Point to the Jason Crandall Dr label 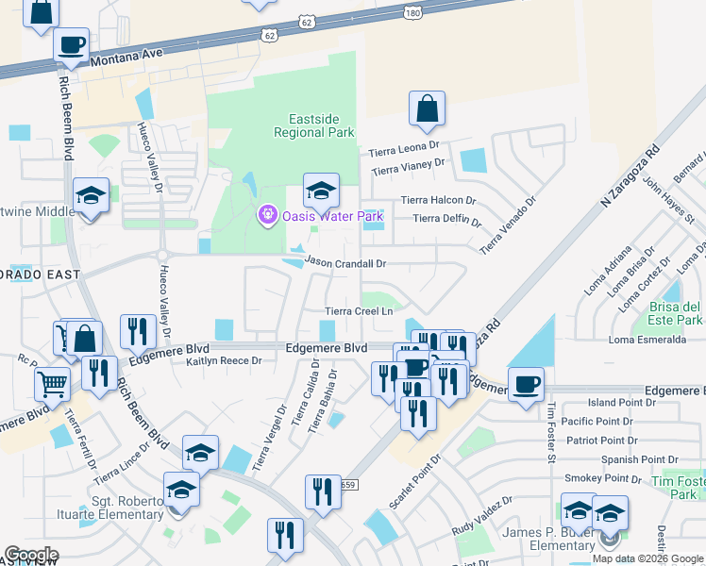point(345,263)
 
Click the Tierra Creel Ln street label point(359,310)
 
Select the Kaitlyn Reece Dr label point(223,361)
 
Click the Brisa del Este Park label point(676,314)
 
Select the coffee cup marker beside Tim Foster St point(526,383)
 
